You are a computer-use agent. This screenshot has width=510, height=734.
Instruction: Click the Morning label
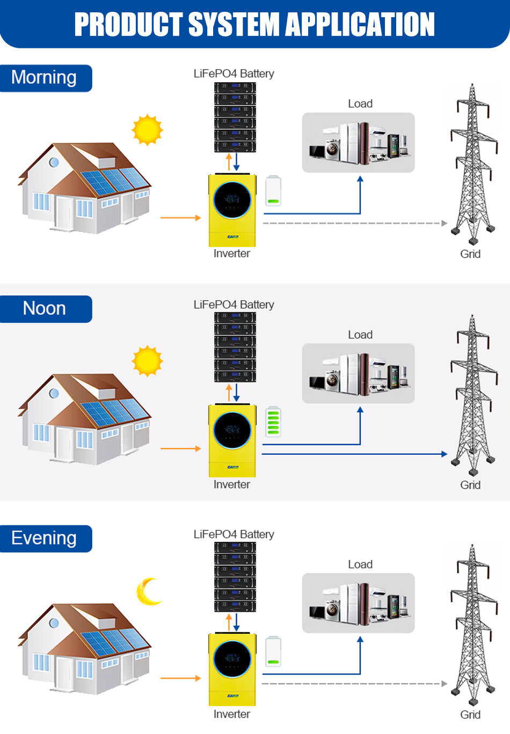44,78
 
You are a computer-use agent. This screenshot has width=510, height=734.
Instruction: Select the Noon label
44,309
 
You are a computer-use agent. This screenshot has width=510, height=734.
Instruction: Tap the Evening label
44,538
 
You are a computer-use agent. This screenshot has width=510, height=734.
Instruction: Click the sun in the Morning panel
147,130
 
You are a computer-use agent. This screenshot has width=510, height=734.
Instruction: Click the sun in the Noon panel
147,361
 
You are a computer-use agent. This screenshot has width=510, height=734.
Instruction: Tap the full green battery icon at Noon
273,422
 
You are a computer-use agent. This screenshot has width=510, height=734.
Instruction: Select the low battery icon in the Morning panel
273,191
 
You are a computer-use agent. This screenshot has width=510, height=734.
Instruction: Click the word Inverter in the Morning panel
232,253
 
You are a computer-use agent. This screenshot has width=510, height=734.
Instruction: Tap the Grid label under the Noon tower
470,485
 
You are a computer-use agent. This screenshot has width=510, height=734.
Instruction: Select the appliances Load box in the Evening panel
358,603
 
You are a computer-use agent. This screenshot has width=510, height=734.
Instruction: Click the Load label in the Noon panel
360,335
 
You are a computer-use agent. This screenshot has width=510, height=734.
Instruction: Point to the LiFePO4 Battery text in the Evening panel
234,534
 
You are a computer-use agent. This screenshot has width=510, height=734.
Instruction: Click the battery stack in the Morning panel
235,117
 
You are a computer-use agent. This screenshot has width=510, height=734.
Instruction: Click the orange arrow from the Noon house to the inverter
180,448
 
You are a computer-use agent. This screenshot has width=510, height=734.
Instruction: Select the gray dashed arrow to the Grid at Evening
354,684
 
